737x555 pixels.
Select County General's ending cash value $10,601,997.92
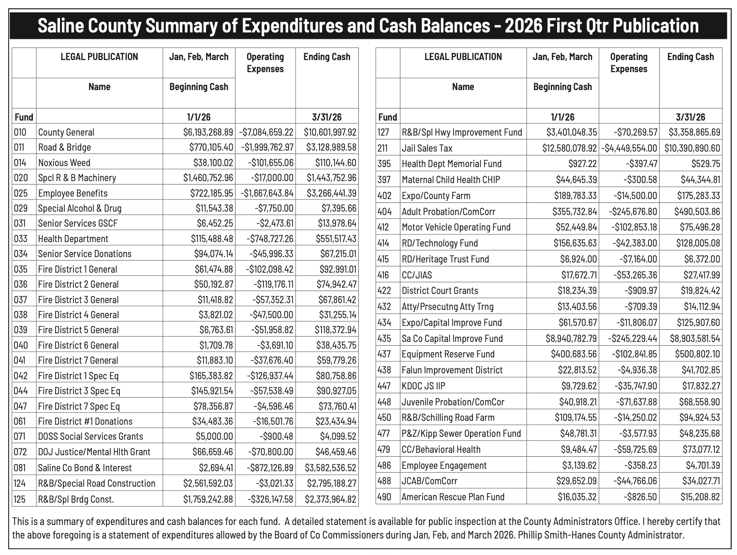[x=330, y=132]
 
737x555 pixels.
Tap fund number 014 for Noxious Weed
[x=21, y=163]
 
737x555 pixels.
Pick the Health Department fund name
[x=73, y=239]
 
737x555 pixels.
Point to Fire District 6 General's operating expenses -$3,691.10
[x=274, y=345]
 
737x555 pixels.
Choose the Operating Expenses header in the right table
[x=629, y=63]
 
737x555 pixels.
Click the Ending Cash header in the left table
[x=327, y=57]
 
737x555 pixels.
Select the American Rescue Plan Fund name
[x=453, y=497]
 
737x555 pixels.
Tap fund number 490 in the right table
[x=384, y=497]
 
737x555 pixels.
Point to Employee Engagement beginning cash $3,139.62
[x=579, y=465]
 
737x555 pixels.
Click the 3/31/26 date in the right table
[x=691, y=117]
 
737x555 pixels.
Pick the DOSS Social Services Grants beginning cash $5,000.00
[x=214, y=436]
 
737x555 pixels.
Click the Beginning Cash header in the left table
[x=199, y=87]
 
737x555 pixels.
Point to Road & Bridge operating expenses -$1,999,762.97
[x=266, y=147]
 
